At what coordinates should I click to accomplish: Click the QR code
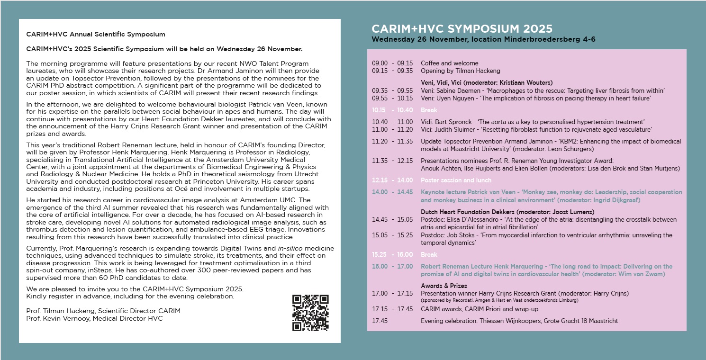point(310,313)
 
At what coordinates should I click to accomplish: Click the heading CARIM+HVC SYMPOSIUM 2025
point(462,28)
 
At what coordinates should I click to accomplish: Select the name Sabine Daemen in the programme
point(457,90)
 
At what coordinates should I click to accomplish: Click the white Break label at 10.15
point(429,110)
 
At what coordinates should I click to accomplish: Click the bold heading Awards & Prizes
point(444,286)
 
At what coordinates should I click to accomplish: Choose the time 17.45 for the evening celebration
point(380,321)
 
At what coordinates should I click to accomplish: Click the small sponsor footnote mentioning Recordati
point(499,300)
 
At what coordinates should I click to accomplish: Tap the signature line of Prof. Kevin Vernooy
point(94,319)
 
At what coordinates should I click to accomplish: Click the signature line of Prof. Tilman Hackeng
point(103,311)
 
